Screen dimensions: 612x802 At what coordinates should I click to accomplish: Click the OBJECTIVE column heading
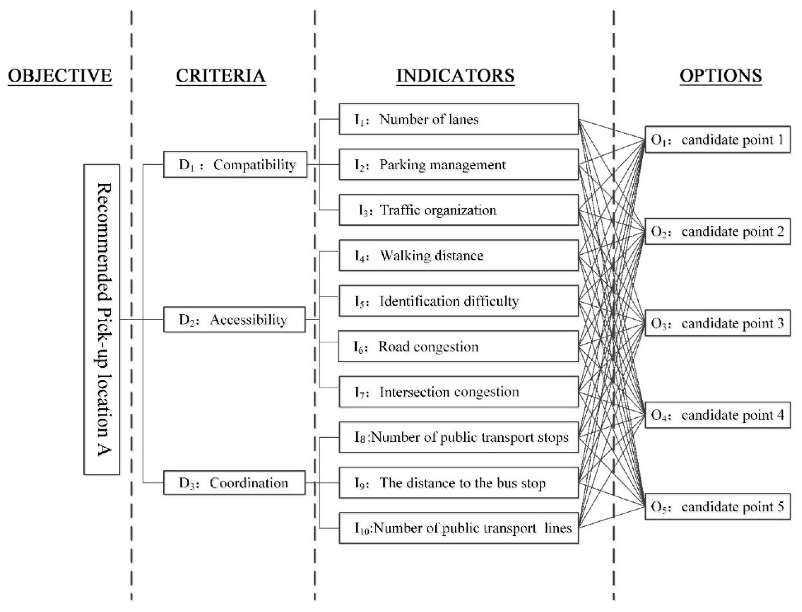click(60, 76)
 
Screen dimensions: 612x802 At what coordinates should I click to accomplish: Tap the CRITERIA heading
click(220, 76)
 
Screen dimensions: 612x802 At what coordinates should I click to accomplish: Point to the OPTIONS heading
click(720, 76)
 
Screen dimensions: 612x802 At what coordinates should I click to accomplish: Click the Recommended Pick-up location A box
click(102, 319)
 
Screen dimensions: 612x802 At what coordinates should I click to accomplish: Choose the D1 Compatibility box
click(235, 165)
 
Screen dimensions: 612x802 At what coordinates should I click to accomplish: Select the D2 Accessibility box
click(234, 319)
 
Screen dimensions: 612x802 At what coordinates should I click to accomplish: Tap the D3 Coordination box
click(234, 483)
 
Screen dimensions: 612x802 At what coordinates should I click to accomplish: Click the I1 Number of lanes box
click(458, 119)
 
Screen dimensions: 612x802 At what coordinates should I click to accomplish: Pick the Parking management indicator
click(458, 165)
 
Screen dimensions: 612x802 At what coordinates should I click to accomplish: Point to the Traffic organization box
click(458, 210)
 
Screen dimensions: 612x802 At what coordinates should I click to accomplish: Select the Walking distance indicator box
click(458, 255)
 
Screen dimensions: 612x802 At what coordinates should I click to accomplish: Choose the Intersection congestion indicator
click(458, 392)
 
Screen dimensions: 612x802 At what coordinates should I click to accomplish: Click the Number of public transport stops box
click(458, 437)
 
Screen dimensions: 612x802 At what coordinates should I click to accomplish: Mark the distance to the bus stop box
click(458, 483)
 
